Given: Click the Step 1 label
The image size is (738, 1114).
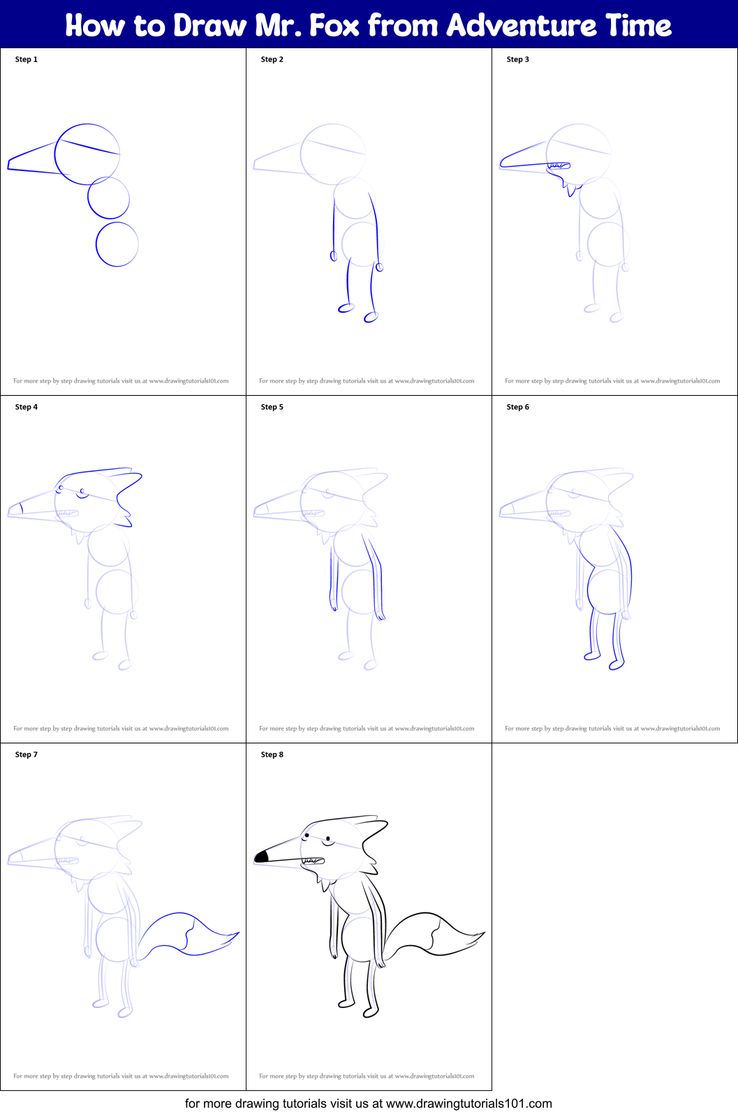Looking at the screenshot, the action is [x=27, y=59].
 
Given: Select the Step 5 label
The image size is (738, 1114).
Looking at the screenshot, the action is [x=272, y=407].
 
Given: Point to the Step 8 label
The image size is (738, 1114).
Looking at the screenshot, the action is [x=272, y=755].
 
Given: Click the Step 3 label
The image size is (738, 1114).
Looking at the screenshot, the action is [x=517, y=59].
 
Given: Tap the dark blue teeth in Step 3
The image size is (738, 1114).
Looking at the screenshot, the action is [x=559, y=165].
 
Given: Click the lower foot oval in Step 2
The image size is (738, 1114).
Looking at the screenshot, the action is [x=371, y=318].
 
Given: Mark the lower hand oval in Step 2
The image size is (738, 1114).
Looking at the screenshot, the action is [x=379, y=267].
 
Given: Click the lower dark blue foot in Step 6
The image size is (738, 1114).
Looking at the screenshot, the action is [x=616, y=665].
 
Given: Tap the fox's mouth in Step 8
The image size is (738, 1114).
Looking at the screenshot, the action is [x=312, y=861].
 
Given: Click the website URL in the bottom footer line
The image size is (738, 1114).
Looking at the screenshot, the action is [x=469, y=1104].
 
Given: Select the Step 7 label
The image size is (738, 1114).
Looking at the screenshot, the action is [x=27, y=755].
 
